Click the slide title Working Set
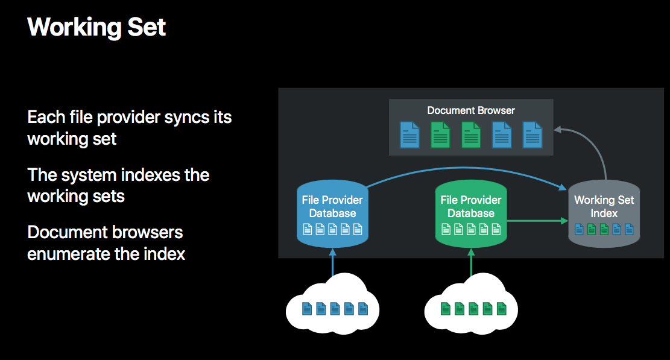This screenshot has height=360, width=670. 96,27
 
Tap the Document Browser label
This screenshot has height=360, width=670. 471,110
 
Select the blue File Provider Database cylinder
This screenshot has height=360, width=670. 332,213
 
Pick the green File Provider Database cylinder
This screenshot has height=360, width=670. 471,213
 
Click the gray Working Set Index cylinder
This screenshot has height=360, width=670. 604,213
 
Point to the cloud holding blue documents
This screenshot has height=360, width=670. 332,305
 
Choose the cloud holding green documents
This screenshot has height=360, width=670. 471,305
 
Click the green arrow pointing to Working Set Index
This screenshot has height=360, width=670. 537,221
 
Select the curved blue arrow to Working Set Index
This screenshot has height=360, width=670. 466,168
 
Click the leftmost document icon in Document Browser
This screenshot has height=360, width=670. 409,134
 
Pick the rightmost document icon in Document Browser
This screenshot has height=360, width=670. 533,134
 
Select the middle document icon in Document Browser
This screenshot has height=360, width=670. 471,134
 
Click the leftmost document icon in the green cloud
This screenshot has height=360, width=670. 445,308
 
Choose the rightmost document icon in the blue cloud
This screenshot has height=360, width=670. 363,308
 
